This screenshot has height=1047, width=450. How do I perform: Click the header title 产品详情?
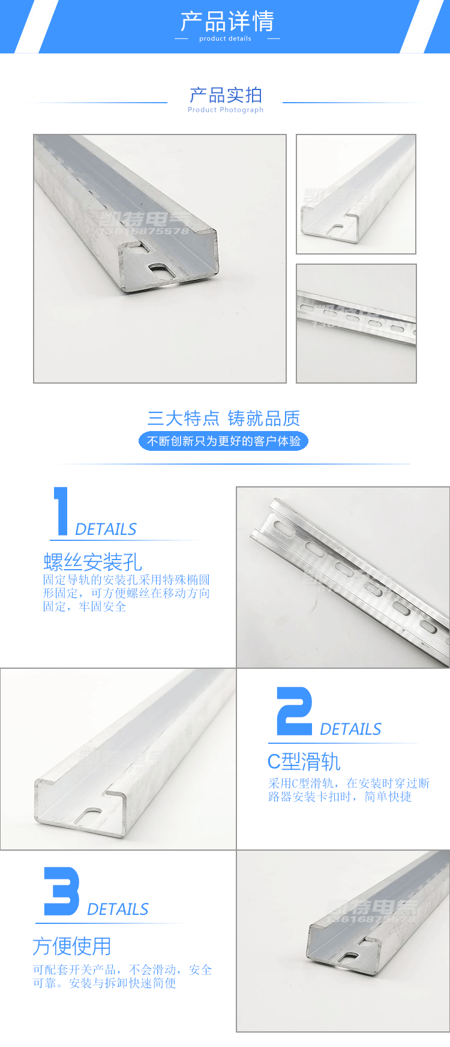coord(227,22)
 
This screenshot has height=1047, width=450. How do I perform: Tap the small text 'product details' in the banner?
coord(225,38)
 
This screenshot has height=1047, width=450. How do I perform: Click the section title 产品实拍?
coord(226,95)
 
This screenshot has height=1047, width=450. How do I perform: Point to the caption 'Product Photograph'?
coord(226,110)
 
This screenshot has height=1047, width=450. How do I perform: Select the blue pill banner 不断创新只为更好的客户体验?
coord(223,441)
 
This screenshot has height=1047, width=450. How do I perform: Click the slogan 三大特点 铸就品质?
coord(223,418)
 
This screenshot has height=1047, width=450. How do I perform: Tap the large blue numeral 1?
coord(61,511)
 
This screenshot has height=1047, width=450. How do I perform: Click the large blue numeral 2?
coord(294,711)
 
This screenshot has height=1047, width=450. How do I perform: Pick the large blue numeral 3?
coord(61,891)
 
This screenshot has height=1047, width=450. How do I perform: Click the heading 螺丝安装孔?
coord(92,562)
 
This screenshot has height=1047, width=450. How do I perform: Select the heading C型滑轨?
coord(304,762)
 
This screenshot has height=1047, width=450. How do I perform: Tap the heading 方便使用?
coord(72,946)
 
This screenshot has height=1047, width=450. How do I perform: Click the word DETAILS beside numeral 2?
coord(350,729)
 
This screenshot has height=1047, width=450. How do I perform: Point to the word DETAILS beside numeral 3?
coord(118,910)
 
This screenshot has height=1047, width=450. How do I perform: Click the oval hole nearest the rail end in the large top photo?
coord(161,270)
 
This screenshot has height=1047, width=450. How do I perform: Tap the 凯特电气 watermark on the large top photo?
coord(144,220)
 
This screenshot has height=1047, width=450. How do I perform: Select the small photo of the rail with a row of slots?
coord(356,323)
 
